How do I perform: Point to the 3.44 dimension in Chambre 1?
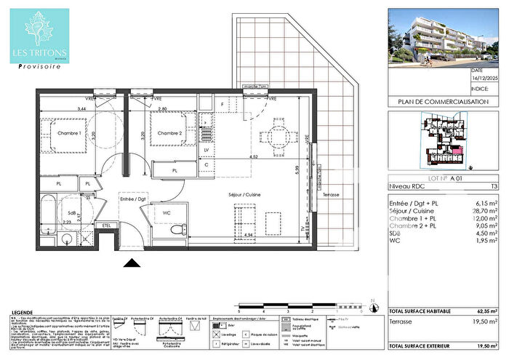(x=64, y=108)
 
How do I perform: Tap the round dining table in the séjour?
(x=276, y=135)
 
